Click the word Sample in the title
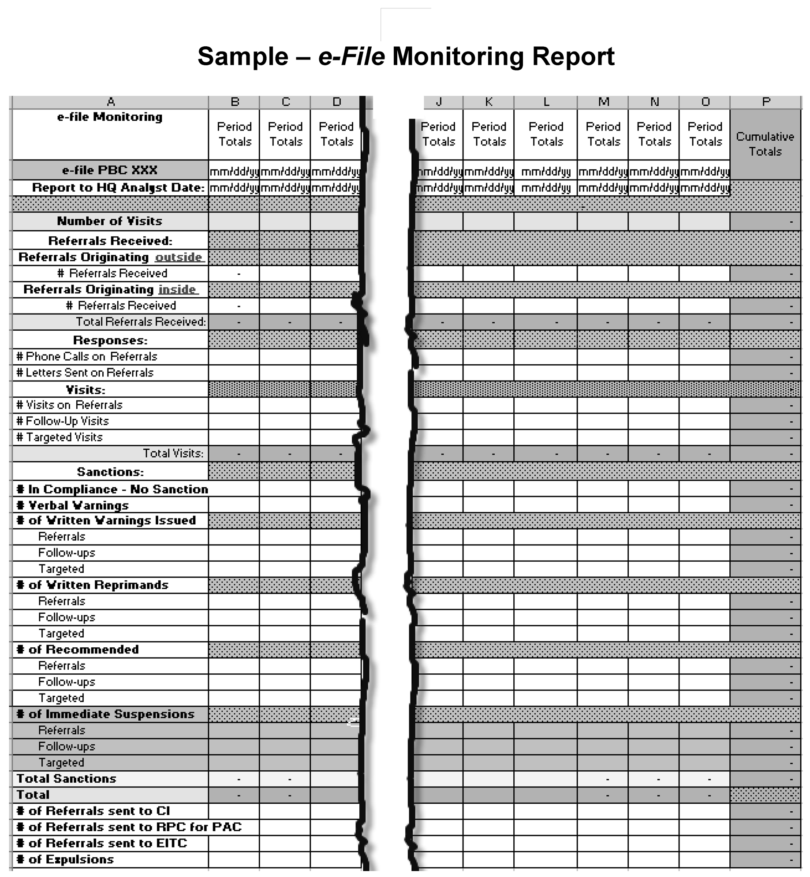click(243, 57)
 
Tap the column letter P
click(766, 102)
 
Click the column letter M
click(603, 102)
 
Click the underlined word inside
click(177, 289)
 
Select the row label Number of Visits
click(110, 221)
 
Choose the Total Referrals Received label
click(141, 321)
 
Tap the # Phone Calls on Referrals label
click(87, 356)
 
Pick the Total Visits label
click(173, 453)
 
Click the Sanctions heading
click(110, 472)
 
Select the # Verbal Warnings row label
click(72, 505)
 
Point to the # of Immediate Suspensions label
click(105, 714)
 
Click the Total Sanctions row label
click(66, 779)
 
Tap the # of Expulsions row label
click(65, 859)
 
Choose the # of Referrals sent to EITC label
click(101, 843)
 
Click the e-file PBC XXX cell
click(110, 170)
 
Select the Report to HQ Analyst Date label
click(118, 188)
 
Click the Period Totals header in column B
click(234, 134)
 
